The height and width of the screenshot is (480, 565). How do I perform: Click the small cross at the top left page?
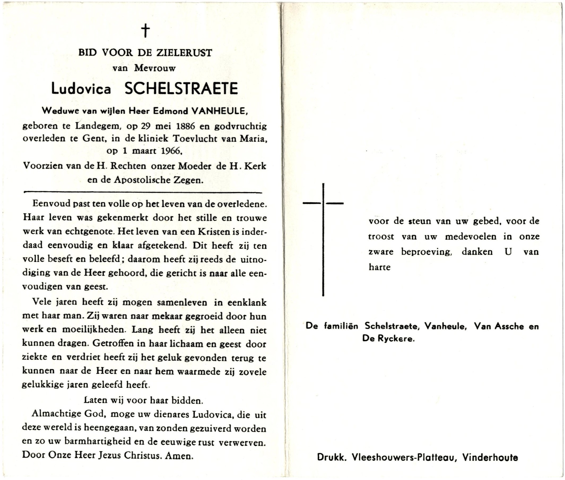tap(146, 30)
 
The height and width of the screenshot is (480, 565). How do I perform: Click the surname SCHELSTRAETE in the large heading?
tap(181, 89)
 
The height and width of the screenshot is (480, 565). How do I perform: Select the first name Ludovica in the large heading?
tap(81, 89)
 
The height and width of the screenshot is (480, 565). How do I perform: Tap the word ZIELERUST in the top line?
tap(184, 52)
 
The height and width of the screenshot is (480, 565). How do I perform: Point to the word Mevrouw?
tap(155, 68)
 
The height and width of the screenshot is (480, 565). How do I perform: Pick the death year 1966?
tap(171, 151)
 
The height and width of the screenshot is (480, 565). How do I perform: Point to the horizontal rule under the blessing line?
tap(143, 192)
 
